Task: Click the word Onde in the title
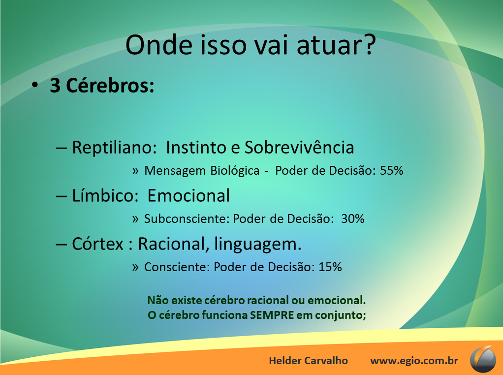(x=159, y=45)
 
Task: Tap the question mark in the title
(x=369, y=44)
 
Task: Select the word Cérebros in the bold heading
(x=110, y=86)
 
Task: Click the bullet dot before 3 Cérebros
(x=34, y=85)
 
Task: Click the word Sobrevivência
(x=299, y=148)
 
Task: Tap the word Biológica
(x=235, y=171)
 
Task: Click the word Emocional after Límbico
(x=189, y=196)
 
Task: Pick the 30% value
(x=352, y=219)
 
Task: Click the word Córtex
(x=97, y=244)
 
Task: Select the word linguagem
(x=258, y=245)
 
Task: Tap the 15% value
(x=330, y=267)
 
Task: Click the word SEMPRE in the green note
(x=272, y=315)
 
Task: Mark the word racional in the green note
(x=268, y=300)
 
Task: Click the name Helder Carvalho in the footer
(x=308, y=361)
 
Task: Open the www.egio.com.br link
(x=414, y=361)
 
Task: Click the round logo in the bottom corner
(x=483, y=359)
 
